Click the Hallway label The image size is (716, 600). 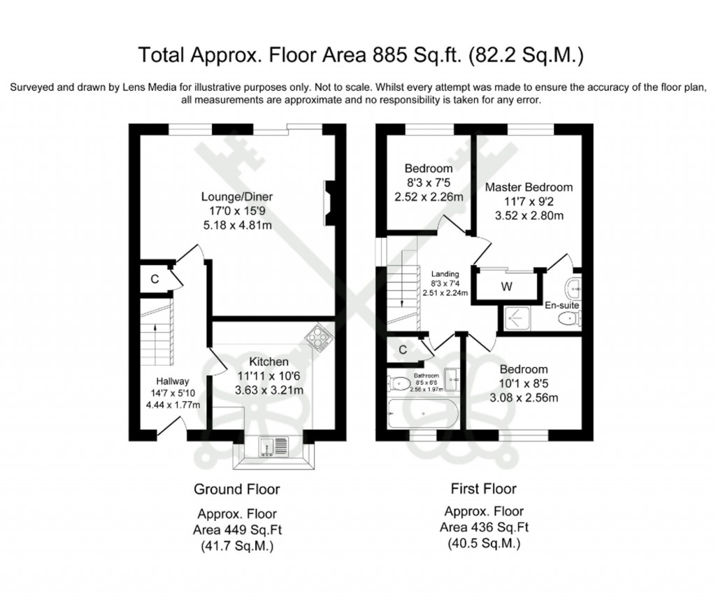[x=172, y=381]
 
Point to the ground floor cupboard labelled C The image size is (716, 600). [x=155, y=278]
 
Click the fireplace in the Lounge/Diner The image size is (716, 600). [x=329, y=203]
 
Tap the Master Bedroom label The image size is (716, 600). [x=529, y=187]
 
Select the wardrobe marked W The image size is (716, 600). [x=506, y=286]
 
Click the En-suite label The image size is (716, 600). [x=564, y=306]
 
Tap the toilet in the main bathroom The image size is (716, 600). [x=400, y=383]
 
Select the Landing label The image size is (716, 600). [x=445, y=273]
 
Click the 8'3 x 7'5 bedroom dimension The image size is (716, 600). [x=428, y=183]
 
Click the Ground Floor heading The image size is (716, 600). [x=236, y=489]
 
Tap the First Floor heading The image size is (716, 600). [x=484, y=489]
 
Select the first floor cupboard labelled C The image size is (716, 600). [x=403, y=350]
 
